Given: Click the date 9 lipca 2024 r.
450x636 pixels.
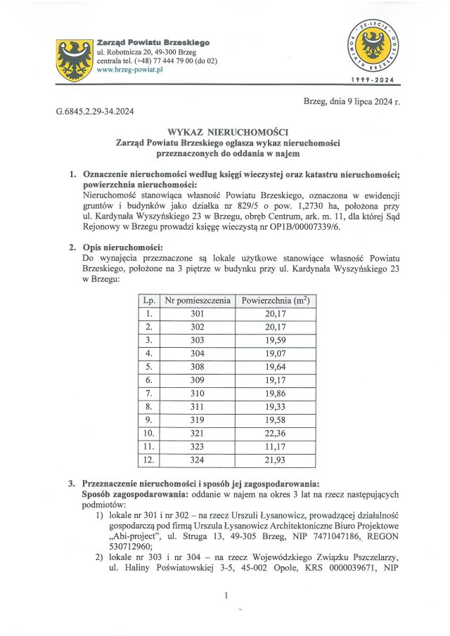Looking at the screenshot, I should pos(352,102).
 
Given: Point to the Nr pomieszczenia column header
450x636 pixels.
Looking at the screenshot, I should pos(197,300).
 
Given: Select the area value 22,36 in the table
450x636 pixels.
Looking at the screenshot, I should pos(276,433).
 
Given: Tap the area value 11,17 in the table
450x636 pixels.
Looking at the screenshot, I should pos(276,446).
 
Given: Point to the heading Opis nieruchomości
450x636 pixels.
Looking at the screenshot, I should pos(122,247).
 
